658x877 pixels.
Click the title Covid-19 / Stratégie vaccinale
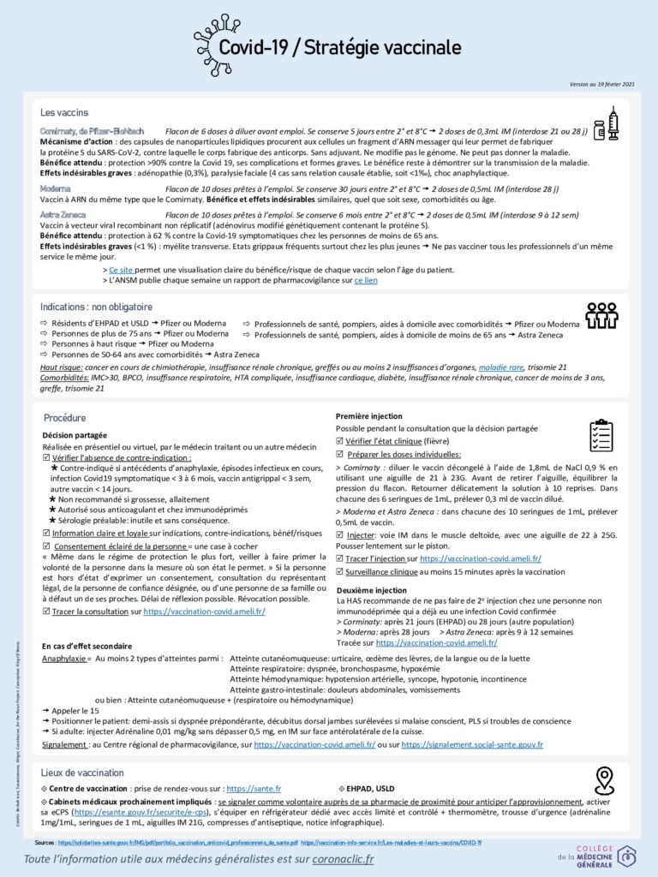click(339, 47)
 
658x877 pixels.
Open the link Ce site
click(122, 270)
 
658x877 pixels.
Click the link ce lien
click(365, 280)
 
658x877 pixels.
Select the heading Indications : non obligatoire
click(96, 307)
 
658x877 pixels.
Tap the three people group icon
click(601, 315)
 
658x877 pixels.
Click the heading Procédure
click(64, 418)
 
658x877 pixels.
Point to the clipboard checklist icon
click(601, 435)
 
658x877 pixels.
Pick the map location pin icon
click(605, 780)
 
